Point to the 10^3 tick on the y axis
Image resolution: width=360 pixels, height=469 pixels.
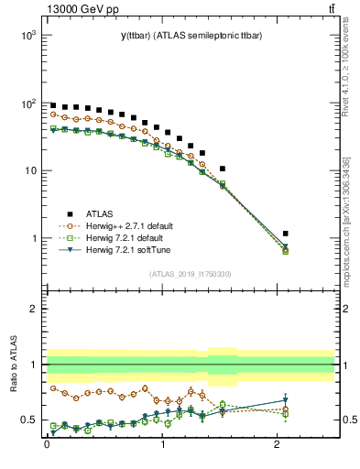pos(27,35)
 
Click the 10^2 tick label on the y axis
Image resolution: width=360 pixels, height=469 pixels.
pos(27,103)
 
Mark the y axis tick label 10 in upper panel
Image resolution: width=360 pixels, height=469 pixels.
pos(29,170)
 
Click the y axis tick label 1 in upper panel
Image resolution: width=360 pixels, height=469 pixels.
pos(32,238)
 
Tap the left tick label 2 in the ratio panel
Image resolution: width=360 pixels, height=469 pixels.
pos(33,309)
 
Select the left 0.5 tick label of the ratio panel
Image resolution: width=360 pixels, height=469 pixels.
pos(29,420)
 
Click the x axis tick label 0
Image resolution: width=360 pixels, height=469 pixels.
pos(47,451)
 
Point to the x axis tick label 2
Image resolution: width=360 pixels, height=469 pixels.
pos(278,451)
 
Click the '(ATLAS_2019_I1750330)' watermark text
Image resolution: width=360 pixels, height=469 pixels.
pos(190,274)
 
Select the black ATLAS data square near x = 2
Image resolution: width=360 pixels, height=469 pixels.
pos(286,234)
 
